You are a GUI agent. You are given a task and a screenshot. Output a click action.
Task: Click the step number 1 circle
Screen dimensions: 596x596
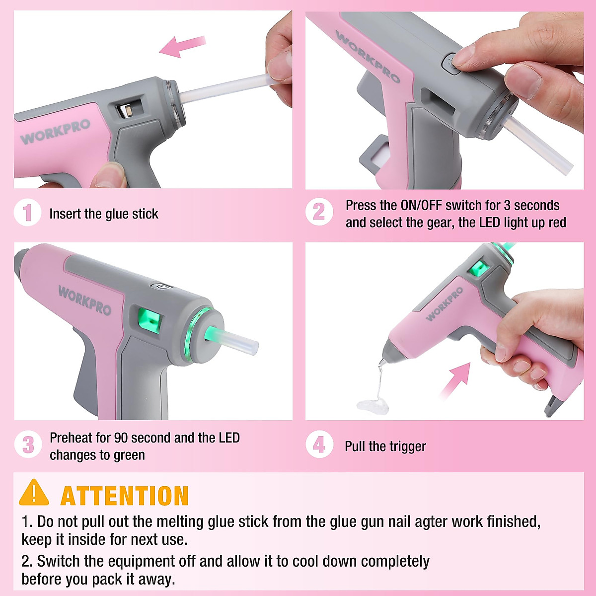(x=27, y=213)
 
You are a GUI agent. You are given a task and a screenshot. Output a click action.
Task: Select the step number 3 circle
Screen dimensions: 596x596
(x=28, y=445)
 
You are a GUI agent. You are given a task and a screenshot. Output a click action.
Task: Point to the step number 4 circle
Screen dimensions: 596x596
(x=319, y=445)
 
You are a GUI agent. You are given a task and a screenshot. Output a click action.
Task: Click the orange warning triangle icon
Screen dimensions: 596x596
(x=34, y=493)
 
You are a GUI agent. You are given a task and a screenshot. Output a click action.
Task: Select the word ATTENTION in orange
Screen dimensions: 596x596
(x=124, y=496)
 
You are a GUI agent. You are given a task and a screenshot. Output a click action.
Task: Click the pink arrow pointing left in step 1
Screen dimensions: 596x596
(x=182, y=47)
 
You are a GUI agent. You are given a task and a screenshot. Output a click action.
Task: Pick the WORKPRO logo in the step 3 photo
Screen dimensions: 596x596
(x=84, y=300)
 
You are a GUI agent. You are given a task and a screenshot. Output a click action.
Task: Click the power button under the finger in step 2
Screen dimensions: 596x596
(x=451, y=64)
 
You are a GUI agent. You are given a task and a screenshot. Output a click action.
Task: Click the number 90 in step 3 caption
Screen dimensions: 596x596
(x=121, y=438)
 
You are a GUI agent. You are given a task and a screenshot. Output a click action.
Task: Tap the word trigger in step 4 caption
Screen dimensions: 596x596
(x=407, y=447)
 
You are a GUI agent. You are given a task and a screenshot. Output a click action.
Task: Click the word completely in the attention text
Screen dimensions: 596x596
(x=395, y=561)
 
